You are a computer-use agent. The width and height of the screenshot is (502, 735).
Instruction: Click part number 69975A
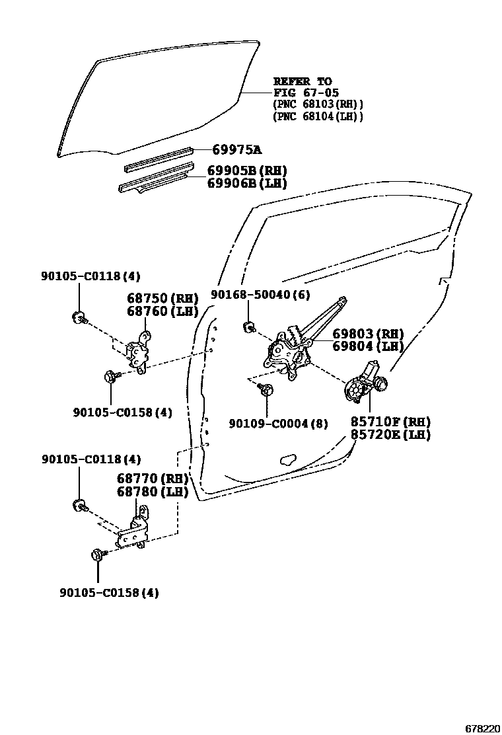(238, 150)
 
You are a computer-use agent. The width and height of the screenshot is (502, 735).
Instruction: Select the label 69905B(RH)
(247, 171)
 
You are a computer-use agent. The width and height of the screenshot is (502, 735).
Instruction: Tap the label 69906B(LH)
(247, 184)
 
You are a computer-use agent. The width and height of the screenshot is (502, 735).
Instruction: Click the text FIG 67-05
(303, 93)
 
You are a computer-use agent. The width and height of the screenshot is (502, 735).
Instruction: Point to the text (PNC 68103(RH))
(318, 104)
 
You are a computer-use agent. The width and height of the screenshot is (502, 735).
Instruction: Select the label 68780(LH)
(153, 492)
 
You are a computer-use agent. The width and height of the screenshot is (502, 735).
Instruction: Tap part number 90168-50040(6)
(260, 294)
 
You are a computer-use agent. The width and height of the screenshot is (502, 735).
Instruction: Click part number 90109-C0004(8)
(278, 424)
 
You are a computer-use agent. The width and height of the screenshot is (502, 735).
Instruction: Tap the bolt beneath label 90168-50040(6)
(250, 326)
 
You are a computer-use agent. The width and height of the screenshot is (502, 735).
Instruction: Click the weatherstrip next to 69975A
(159, 157)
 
